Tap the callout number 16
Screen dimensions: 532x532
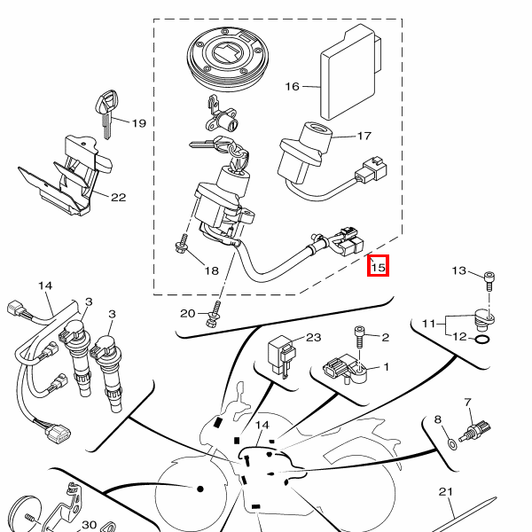tap(292, 87)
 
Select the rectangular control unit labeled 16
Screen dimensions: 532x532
tap(351, 72)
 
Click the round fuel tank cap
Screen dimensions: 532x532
tap(228, 59)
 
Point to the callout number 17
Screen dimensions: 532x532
tap(364, 136)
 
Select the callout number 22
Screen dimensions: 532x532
tap(119, 198)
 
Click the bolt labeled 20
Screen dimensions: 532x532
tap(214, 315)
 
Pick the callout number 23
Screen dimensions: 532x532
tap(314, 337)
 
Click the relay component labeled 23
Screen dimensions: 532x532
tap(281, 356)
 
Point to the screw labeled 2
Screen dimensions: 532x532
tap(359, 337)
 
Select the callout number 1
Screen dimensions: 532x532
tap(386, 367)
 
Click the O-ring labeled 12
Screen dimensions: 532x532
tap(482, 339)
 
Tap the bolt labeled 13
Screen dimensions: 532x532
tap(489, 281)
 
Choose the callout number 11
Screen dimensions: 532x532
tap(428, 324)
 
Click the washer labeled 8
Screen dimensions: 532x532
tap(452, 444)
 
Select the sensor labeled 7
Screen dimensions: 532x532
tap(475, 431)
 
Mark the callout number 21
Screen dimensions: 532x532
tap(446, 491)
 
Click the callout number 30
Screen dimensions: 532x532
tap(90, 525)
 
